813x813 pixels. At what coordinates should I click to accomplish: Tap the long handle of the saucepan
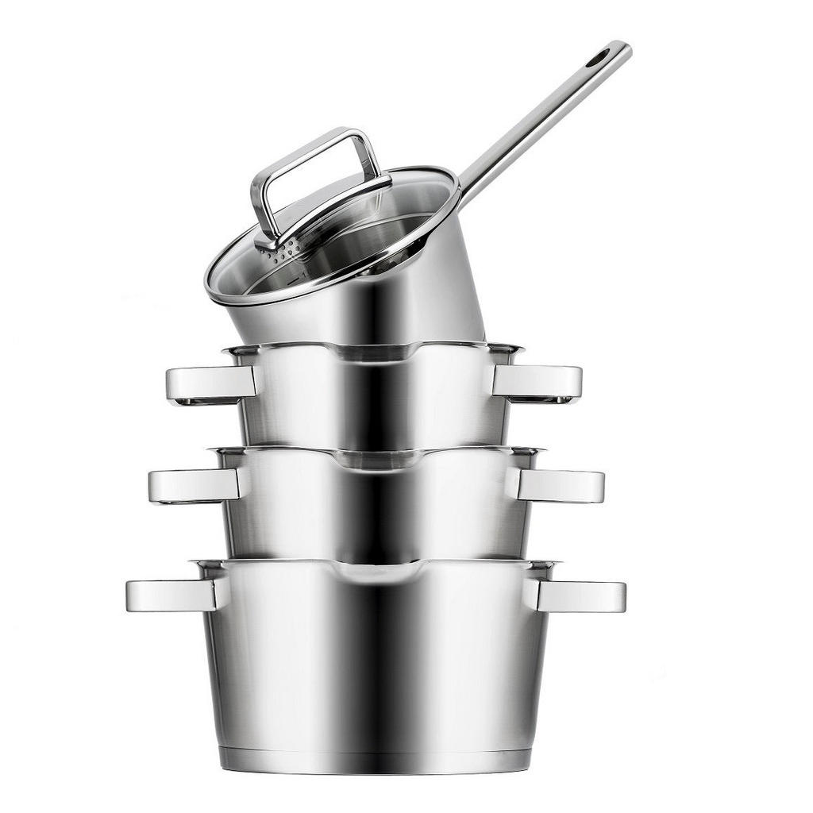tap(548, 115)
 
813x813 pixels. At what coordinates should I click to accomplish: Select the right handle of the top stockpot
tap(538, 382)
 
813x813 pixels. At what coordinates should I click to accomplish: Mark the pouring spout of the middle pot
tap(377, 459)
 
